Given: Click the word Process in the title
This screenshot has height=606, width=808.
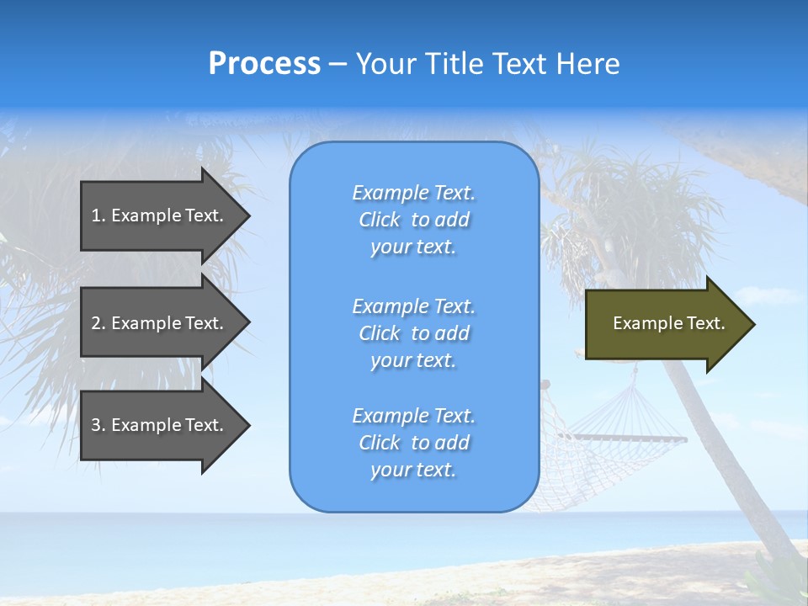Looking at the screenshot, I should click(x=264, y=64).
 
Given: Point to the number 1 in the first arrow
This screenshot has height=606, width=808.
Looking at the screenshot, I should click(x=96, y=215).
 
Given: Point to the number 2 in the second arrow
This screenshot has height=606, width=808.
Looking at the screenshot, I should click(x=96, y=323).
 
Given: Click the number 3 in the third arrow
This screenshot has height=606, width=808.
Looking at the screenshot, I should click(x=96, y=425).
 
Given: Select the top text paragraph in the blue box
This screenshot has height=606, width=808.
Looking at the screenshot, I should click(x=413, y=220).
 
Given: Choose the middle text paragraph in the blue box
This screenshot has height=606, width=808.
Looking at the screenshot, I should click(x=413, y=333).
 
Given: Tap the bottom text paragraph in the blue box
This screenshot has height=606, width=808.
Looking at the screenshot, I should click(x=413, y=443).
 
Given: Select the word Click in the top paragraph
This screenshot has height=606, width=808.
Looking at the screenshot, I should click(x=379, y=220).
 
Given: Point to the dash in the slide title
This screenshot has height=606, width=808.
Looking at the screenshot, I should click(x=338, y=65).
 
